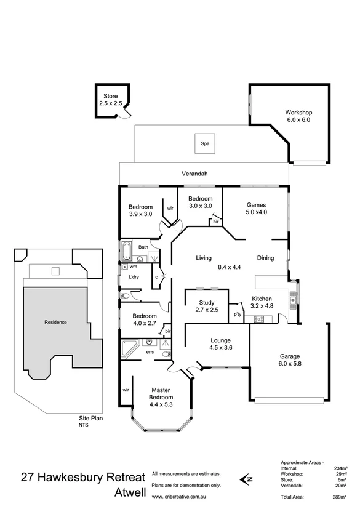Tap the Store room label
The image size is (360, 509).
[x=110, y=100]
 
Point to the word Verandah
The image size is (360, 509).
[x=194, y=174]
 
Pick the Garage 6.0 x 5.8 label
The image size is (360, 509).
[x=290, y=359]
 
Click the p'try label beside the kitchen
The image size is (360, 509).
[x=237, y=314]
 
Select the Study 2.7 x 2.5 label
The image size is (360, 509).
[x=206, y=306]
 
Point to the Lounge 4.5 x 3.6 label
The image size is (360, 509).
[x=220, y=344]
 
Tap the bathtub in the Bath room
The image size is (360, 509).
[x=127, y=251]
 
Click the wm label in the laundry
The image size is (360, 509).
[x=133, y=267]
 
